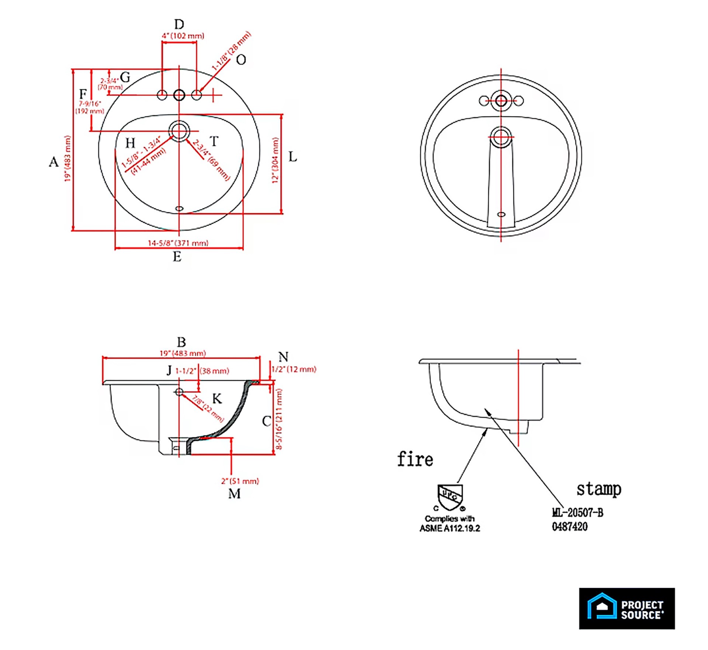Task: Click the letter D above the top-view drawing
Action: click(179, 24)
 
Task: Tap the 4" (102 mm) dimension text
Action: click(183, 36)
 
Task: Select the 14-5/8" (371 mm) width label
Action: click(178, 243)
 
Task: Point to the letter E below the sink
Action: click(177, 257)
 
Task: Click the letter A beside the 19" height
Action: click(54, 162)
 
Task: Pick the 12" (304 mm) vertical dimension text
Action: click(275, 160)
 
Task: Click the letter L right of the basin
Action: click(292, 157)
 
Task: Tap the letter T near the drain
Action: click(214, 141)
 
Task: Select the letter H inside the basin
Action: click(130, 143)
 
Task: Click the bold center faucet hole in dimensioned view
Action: click(179, 95)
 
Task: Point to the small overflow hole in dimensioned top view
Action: click(179, 209)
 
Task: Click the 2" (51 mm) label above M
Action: click(240, 481)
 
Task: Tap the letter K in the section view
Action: click(217, 399)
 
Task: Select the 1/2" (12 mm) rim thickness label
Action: click(294, 369)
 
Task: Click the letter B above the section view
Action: click(181, 342)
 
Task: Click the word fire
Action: click(415, 459)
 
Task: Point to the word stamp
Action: click(599, 489)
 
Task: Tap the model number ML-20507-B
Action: click(577, 513)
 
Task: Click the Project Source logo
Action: click(627, 608)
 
